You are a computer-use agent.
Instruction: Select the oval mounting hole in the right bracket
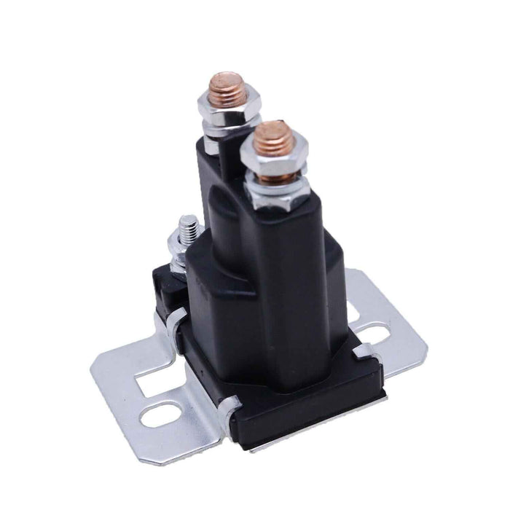pyautogui.click(x=372, y=334)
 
